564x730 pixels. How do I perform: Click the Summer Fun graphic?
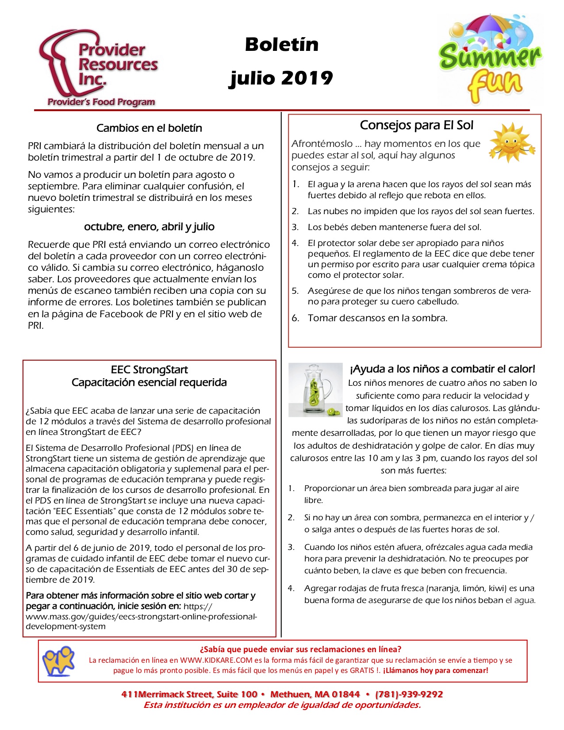(x=490, y=60)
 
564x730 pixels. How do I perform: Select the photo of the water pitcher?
(x=315, y=390)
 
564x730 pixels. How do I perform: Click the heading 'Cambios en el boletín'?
(x=149, y=128)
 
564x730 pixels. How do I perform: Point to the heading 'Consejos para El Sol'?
(x=416, y=125)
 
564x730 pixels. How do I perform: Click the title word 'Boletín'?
(x=282, y=45)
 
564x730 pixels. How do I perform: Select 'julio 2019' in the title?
(x=281, y=78)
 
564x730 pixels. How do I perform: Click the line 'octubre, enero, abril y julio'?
(x=149, y=227)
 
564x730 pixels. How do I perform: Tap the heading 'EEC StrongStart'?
(x=149, y=370)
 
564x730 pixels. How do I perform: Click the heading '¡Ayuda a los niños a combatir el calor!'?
(x=442, y=369)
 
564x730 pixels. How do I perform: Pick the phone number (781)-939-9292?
(x=409, y=694)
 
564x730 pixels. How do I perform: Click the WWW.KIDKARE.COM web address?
(x=216, y=660)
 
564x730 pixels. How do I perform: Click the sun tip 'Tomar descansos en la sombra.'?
(x=377, y=318)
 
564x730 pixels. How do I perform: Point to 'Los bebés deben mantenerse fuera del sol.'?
(x=394, y=227)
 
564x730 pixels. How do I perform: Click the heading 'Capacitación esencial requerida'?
(x=149, y=383)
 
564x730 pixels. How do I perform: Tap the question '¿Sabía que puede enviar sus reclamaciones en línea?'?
(x=300, y=649)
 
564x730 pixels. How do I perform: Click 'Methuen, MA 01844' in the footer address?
(x=315, y=694)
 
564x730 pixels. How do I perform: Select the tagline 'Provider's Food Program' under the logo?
(x=101, y=102)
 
